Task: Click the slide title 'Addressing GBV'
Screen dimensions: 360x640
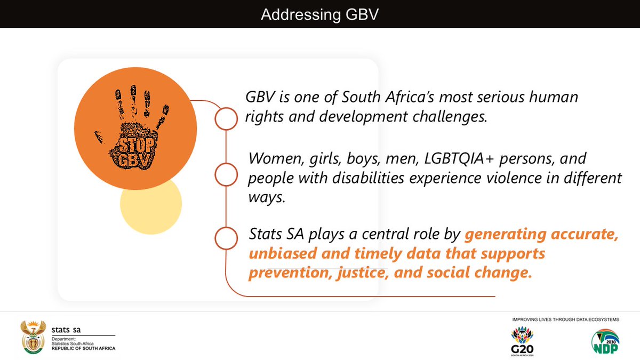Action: tap(319, 14)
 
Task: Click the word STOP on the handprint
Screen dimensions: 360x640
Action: tap(137, 145)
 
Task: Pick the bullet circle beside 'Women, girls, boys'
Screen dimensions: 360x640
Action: tap(226, 174)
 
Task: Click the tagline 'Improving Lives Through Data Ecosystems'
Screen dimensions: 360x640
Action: tap(565, 319)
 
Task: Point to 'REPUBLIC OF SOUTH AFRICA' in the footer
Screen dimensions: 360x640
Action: tap(83, 348)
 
